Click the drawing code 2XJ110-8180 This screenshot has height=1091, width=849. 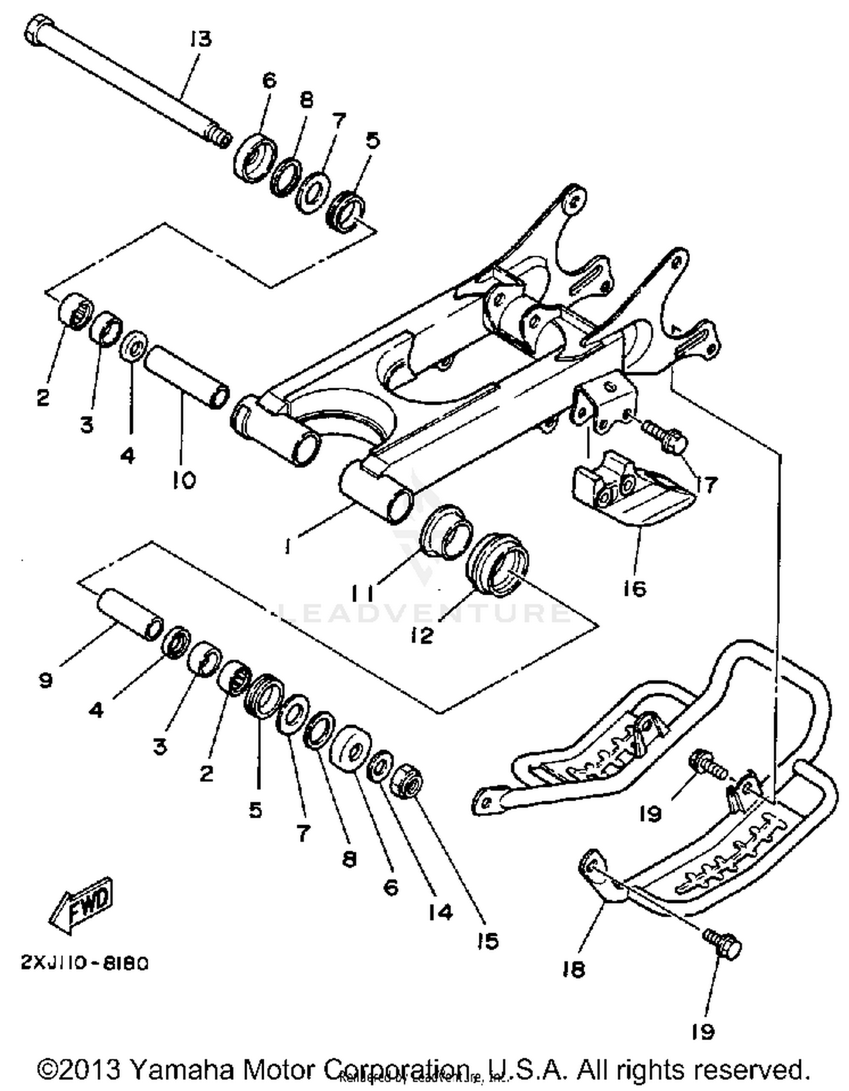pyautogui.click(x=85, y=963)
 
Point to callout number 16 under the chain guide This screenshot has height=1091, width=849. pyautogui.click(x=634, y=589)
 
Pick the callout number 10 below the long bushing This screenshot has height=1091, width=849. pyautogui.click(x=185, y=480)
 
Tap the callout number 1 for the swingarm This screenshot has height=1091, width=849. pyautogui.click(x=288, y=547)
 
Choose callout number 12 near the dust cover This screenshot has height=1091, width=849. pyautogui.click(x=422, y=635)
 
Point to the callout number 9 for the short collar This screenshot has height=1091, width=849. pyautogui.click(x=46, y=680)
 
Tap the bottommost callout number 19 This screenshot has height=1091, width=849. pyautogui.click(x=704, y=1032)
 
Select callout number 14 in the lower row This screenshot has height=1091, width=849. pyautogui.click(x=440, y=912)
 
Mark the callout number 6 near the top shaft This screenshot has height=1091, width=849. pyautogui.click(x=269, y=80)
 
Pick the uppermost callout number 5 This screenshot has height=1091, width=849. pyautogui.click(x=372, y=139)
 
